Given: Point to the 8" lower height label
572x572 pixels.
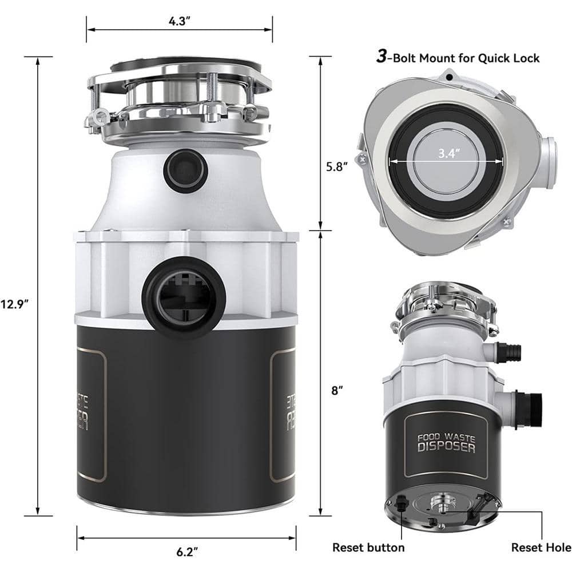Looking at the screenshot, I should [337, 391].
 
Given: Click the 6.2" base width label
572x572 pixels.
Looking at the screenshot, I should [184, 552].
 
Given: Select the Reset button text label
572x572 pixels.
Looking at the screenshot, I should [368, 547].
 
